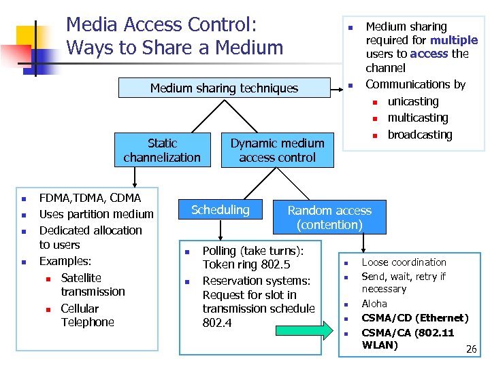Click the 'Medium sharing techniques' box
click(x=224, y=88)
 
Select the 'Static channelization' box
click(x=162, y=150)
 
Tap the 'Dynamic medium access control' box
click(x=277, y=150)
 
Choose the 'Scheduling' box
click(x=220, y=210)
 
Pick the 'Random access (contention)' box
click(x=329, y=217)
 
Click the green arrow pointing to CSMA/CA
click(x=304, y=332)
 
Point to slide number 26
click(x=470, y=349)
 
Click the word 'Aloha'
click(x=374, y=304)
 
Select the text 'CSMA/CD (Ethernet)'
click(x=415, y=317)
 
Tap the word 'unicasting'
click(x=413, y=101)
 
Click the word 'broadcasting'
click(x=420, y=135)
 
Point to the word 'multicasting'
click(x=418, y=118)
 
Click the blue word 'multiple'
click(x=455, y=40)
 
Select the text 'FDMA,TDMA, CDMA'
click(x=91, y=198)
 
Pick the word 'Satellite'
click(x=81, y=277)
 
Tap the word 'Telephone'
click(x=88, y=322)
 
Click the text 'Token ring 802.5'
click(x=246, y=265)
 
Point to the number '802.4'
click(x=217, y=323)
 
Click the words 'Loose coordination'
click(x=404, y=262)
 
